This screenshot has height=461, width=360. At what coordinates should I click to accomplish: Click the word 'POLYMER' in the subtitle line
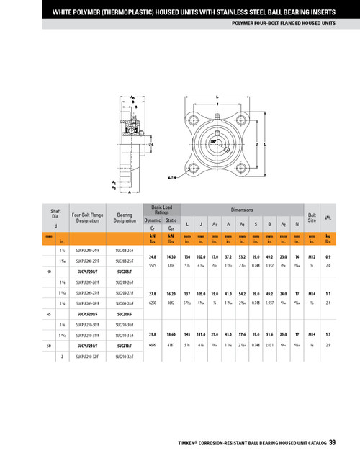[x=246, y=22]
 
